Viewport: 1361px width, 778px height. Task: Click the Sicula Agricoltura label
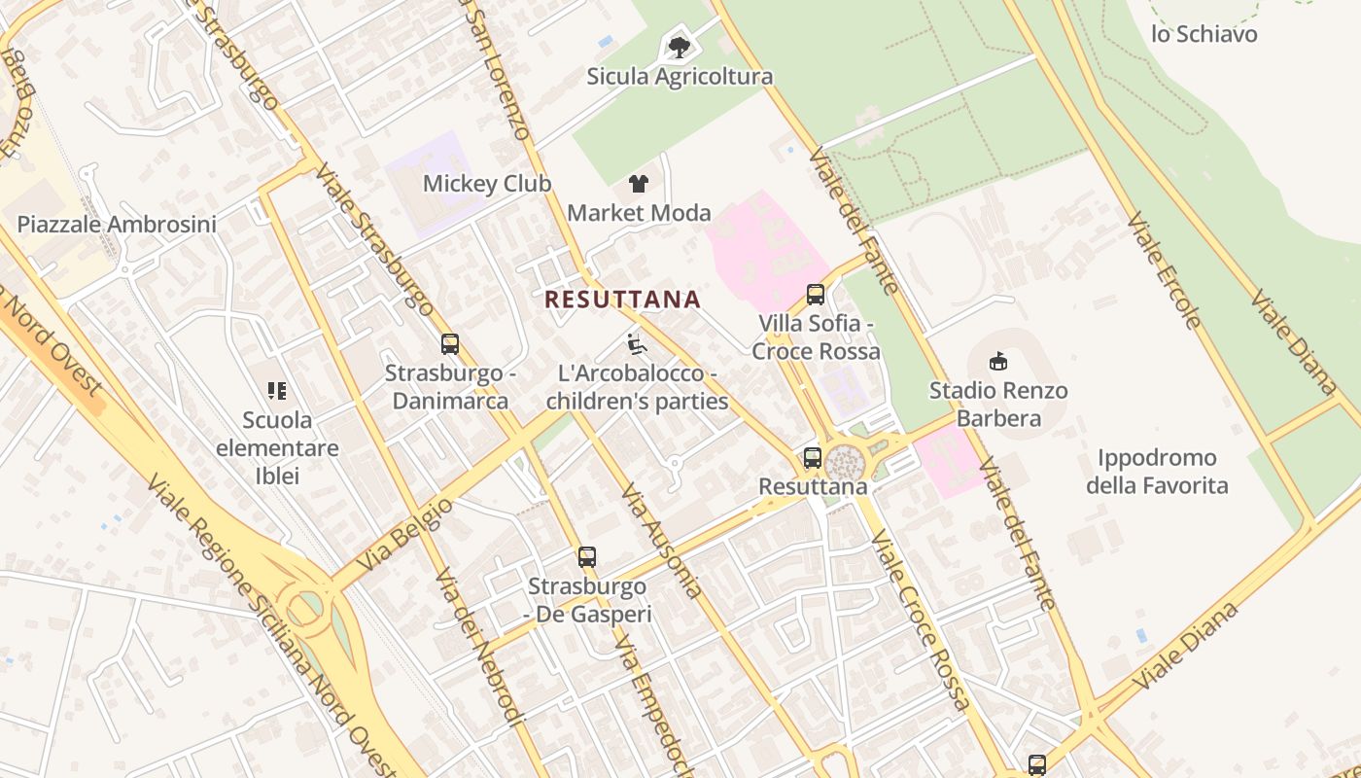(680, 77)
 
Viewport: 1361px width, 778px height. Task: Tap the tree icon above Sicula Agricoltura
(679, 47)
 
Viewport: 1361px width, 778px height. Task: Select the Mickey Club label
(486, 184)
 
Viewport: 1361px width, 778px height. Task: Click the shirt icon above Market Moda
(639, 183)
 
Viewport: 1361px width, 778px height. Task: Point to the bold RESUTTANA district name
(622, 300)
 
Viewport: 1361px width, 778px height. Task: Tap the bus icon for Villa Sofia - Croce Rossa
(816, 294)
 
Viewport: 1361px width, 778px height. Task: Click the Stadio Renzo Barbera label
(998, 405)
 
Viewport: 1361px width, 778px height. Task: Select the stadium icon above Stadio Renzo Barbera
(997, 362)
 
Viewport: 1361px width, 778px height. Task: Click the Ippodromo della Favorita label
(1157, 472)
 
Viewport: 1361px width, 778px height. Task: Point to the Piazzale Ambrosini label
(117, 225)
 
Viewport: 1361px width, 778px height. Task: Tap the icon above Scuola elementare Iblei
(277, 391)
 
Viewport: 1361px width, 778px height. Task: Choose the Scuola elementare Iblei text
(277, 448)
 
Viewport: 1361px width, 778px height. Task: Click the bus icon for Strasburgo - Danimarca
(449, 343)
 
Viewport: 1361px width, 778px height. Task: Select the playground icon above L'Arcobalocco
(637, 344)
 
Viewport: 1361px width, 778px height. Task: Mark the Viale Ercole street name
(1165, 270)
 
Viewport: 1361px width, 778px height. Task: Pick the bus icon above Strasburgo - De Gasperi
(586, 557)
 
